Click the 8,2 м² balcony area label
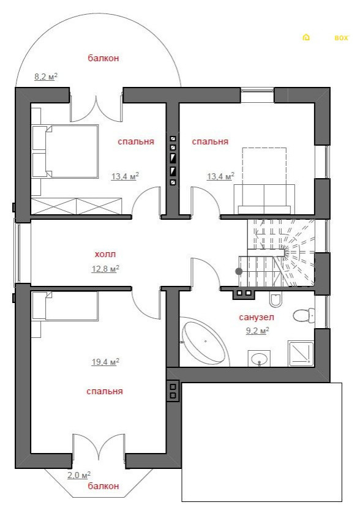(46, 77)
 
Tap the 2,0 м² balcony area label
(79, 475)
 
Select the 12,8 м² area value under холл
(105, 269)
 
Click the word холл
(105, 254)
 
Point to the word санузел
(257, 317)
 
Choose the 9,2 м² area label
(258, 331)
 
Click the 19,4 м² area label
(105, 362)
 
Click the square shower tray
(301, 353)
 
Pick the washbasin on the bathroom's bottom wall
(259, 359)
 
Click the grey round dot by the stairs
(239, 271)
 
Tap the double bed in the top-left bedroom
(65, 151)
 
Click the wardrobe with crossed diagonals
(77, 206)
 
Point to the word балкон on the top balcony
(103, 58)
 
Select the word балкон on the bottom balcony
(103, 486)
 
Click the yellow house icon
(306, 37)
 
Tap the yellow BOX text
(341, 38)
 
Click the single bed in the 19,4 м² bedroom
(65, 306)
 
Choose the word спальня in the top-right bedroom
(210, 141)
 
